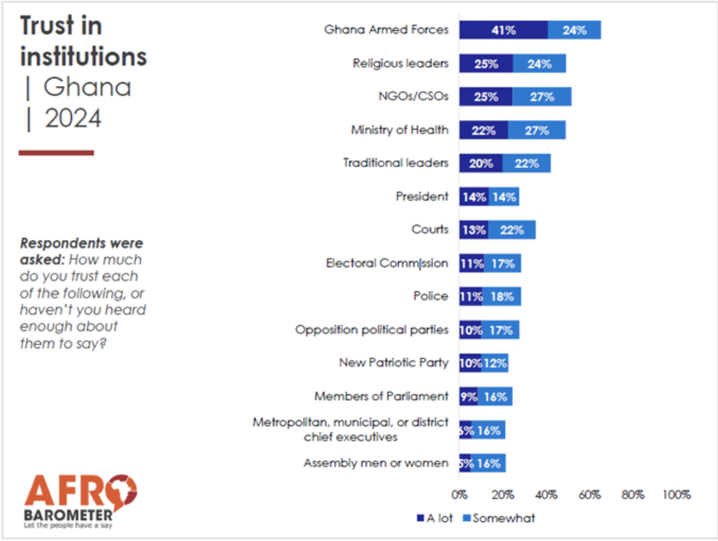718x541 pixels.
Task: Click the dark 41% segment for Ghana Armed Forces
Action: click(503, 30)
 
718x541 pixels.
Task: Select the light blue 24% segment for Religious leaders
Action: click(539, 64)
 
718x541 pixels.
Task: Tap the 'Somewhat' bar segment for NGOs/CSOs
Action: click(541, 97)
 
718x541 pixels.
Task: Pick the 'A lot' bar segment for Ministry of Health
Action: click(483, 130)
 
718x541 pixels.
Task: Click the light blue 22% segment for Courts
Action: click(511, 229)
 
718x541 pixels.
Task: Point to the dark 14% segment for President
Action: click(473, 197)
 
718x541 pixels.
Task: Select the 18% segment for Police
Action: click(502, 297)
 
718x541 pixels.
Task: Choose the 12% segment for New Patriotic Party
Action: click(495, 363)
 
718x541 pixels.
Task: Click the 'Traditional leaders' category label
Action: click(395, 163)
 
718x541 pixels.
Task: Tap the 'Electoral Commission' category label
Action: click(387, 263)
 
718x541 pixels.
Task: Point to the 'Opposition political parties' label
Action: click(371, 330)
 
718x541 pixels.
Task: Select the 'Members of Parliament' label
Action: click(381, 396)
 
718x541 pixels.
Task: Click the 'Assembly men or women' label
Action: click(376, 463)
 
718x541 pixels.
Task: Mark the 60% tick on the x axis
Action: click(590, 495)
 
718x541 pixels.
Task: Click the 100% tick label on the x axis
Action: click(676, 495)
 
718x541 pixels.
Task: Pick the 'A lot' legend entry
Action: click(435, 518)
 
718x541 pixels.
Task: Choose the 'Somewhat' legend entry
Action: click(498, 518)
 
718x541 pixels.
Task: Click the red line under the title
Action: click(56, 153)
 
